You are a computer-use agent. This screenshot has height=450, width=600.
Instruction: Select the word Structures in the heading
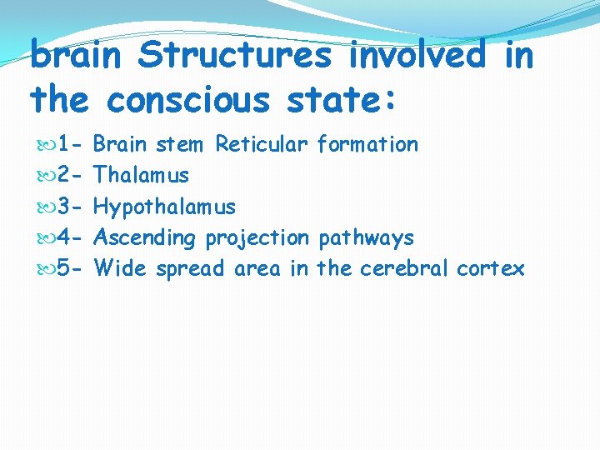236,57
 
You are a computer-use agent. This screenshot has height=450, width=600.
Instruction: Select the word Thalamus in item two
141,175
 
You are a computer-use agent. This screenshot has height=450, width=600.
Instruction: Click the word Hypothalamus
164,207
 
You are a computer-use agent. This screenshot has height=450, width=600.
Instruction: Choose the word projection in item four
257,238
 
